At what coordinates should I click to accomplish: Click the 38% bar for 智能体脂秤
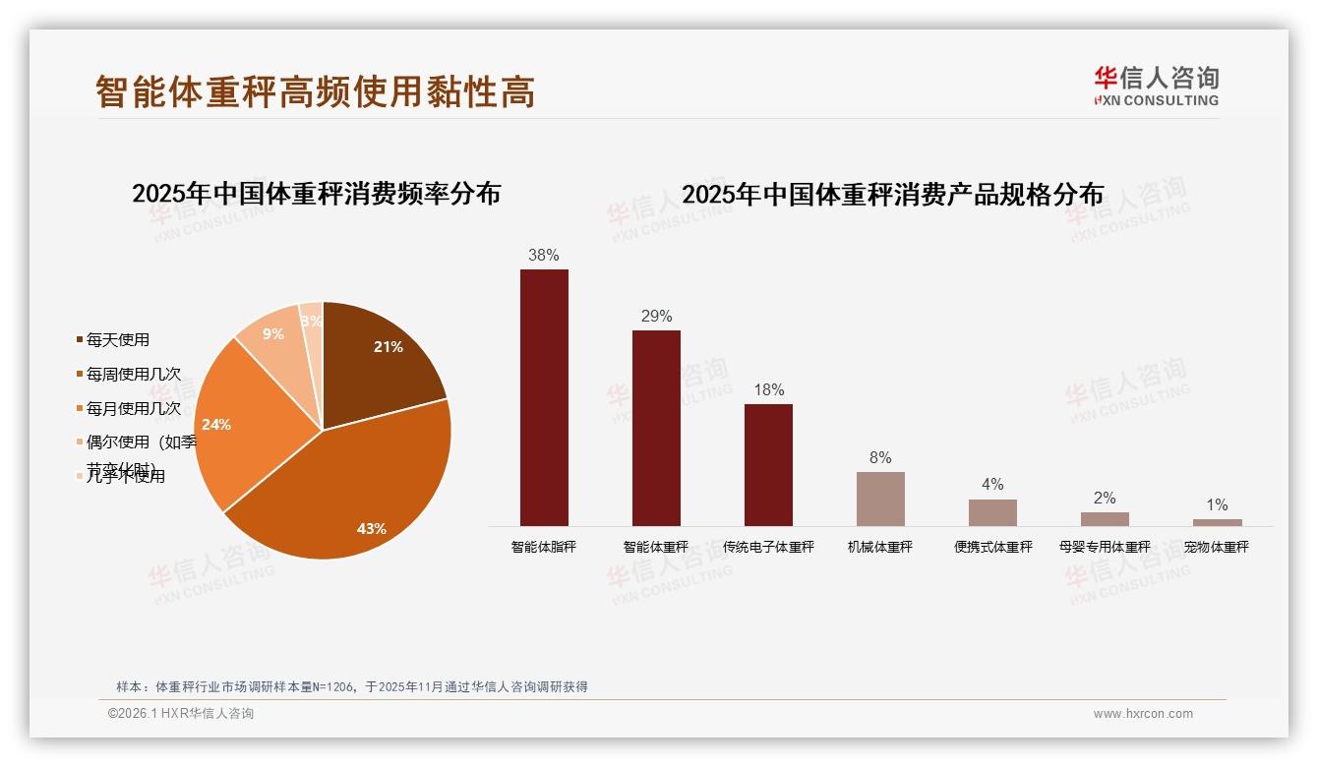(x=544, y=397)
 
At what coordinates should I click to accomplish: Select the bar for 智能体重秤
(x=656, y=428)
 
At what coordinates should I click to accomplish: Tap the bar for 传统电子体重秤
(x=768, y=464)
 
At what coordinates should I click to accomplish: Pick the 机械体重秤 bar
(x=880, y=499)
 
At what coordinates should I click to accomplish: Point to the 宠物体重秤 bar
(x=1217, y=522)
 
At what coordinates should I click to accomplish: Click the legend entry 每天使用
(x=117, y=340)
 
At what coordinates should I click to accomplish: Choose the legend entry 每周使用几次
(x=133, y=375)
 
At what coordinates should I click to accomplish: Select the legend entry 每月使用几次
(x=133, y=408)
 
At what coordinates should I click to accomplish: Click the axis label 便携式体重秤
(x=992, y=547)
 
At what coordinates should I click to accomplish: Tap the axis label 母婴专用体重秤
(x=1105, y=547)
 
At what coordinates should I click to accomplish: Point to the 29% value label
(x=656, y=316)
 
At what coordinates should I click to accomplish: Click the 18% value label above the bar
(x=768, y=389)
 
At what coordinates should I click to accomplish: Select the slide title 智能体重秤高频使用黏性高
(x=316, y=92)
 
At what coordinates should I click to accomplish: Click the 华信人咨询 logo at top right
(x=1156, y=86)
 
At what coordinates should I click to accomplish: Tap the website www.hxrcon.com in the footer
(x=1143, y=714)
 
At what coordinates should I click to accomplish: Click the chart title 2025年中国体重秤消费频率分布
(x=316, y=193)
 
